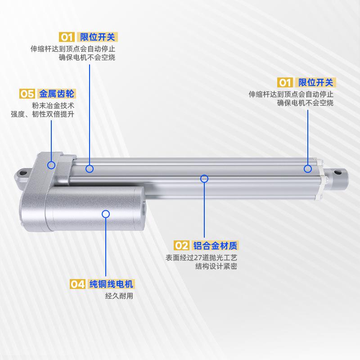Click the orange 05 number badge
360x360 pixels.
27,94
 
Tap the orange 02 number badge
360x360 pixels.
181,245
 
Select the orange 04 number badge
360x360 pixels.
77,284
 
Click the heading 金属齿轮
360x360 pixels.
57,94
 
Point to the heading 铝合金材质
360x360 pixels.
215,245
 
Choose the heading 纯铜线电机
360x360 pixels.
111,284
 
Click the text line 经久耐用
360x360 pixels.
119,296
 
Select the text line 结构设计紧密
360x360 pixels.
216,266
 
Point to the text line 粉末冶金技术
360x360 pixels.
53,105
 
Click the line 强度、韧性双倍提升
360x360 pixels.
43,114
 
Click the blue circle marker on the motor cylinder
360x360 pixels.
106,213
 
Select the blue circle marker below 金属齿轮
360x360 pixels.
52,165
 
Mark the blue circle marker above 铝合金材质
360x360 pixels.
204,178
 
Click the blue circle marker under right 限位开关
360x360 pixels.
308,169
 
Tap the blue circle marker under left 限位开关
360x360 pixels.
90,169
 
